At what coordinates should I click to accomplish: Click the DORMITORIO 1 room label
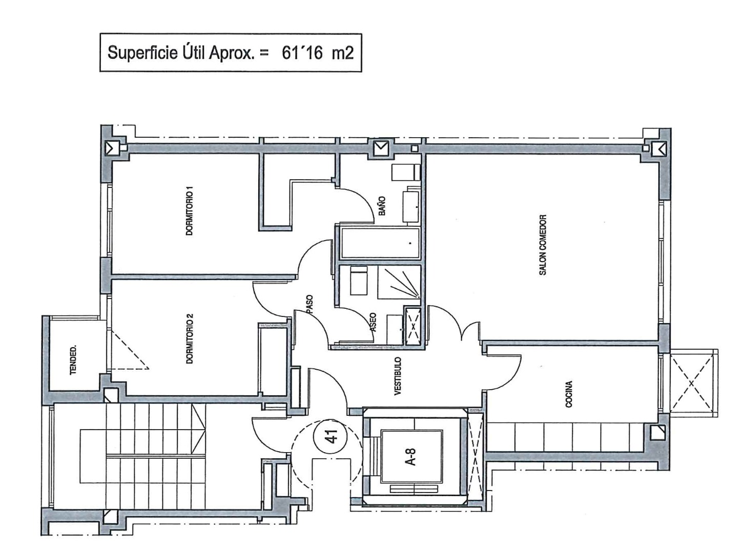190,211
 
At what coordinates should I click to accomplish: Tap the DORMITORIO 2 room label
190,338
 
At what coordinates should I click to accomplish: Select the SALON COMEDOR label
543,245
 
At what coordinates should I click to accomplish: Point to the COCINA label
569,394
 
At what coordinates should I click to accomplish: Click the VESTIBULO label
398,376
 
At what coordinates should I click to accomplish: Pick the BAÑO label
382,205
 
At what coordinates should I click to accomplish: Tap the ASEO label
373,322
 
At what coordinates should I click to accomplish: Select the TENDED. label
73,359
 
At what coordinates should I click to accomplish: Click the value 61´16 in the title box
302,53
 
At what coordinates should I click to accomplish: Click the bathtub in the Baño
380,243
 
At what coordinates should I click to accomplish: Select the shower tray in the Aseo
399,282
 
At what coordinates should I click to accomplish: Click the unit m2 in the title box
342,53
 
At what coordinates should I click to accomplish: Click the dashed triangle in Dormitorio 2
129,349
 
